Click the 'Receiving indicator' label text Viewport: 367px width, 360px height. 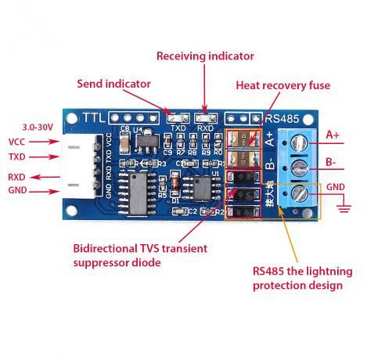[205, 56]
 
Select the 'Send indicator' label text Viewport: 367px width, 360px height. [113, 83]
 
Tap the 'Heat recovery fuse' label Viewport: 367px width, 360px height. [282, 85]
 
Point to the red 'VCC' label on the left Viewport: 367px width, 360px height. [17, 142]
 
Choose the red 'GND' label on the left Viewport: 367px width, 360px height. [17, 190]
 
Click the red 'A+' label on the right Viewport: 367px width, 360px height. [333, 135]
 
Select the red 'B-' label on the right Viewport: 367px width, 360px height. [332, 163]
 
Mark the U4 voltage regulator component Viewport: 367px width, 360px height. [145, 142]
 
